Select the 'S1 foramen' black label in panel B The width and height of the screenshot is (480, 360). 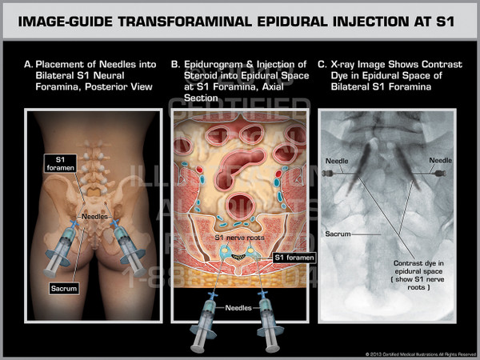click(294, 258)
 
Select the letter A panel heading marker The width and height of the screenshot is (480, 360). click(29, 64)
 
